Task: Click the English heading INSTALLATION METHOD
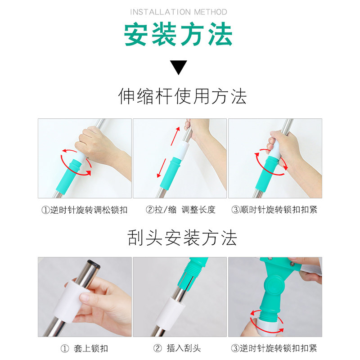(179, 12)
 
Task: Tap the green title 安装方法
(178, 34)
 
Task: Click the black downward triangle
(179, 67)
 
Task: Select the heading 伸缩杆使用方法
(183, 96)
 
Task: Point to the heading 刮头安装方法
(182, 238)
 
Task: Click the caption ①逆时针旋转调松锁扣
(84, 210)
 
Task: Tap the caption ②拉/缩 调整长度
(180, 210)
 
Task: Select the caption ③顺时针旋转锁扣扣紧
(274, 210)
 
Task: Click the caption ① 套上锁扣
(84, 348)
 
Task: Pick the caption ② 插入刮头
(177, 348)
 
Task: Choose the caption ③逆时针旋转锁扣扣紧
(274, 348)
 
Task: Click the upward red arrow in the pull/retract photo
(175, 136)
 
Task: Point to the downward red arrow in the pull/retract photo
(162, 168)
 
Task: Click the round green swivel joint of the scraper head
(274, 285)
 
